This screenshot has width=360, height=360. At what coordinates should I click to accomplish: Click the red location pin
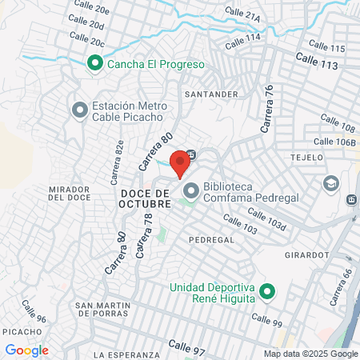[180, 162]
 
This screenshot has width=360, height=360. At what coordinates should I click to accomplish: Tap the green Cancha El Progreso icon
[94, 63]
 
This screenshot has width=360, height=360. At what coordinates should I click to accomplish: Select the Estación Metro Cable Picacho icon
[78, 110]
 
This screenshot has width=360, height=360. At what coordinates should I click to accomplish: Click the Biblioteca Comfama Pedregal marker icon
[191, 191]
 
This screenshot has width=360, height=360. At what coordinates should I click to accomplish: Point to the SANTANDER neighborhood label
[211, 94]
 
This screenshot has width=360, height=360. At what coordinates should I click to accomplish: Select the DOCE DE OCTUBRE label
[146, 198]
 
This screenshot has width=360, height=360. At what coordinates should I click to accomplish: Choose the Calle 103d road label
[266, 218]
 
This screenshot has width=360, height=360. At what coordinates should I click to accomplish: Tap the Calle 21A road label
[243, 14]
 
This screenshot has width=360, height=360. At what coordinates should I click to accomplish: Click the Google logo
[26, 350]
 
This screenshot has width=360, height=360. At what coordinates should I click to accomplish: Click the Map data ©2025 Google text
[311, 354]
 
